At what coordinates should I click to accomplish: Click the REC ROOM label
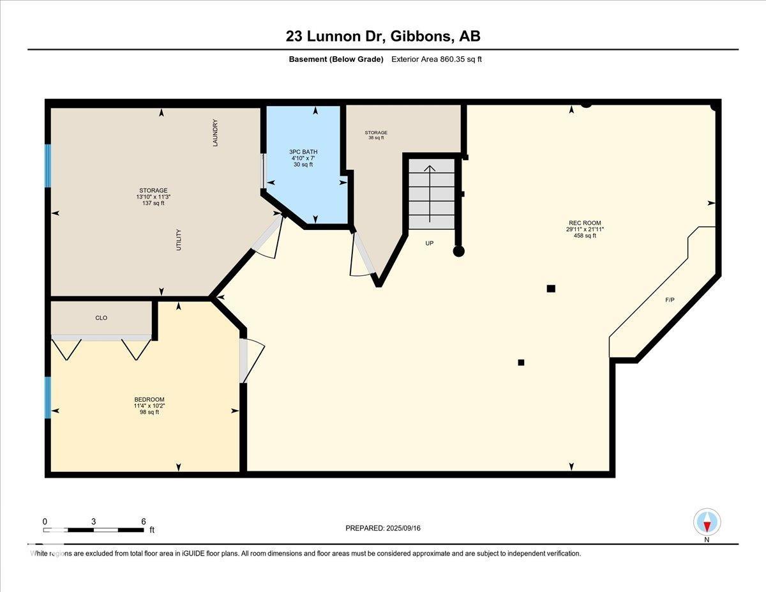click(x=585, y=223)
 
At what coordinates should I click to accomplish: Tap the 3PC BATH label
click(x=303, y=152)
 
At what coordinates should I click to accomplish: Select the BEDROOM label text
click(x=149, y=400)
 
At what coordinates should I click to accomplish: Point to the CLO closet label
click(x=101, y=317)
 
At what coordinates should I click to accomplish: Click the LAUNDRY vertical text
click(x=215, y=133)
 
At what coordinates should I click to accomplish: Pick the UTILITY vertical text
click(x=178, y=239)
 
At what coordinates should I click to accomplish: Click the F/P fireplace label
click(x=670, y=300)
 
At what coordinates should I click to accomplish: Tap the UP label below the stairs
click(x=430, y=243)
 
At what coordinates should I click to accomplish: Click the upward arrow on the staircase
click(x=430, y=194)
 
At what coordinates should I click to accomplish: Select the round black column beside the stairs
click(x=458, y=251)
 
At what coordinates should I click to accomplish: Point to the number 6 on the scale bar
click(x=144, y=521)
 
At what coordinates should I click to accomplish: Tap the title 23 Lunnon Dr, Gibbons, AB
click(x=383, y=36)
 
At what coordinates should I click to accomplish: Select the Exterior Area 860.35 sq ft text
click(x=437, y=59)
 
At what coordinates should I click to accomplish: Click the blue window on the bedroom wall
click(x=48, y=397)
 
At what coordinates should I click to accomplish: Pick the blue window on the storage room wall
click(x=48, y=165)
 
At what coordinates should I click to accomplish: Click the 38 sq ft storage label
click(x=376, y=137)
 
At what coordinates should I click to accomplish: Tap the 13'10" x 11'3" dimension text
click(x=153, y=197)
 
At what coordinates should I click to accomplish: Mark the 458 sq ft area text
click(x=585, y=236)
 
